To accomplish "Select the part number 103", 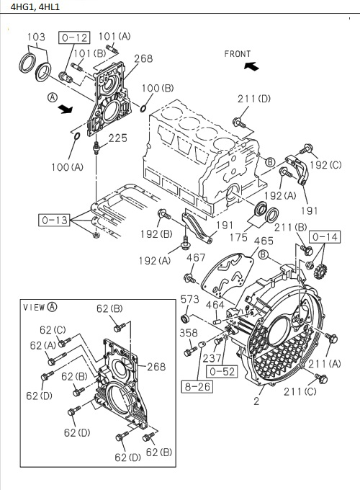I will tap(36, 37).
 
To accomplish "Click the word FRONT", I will tap(238, 53).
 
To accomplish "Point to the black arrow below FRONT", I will tap(251, 66).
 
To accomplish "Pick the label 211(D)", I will tap(254, 99).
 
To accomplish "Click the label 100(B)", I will tap(158, 88).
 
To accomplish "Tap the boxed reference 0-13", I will tap(55, 218).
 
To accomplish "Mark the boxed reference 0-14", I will tap(325, 236).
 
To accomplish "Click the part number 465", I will tap(264, 241).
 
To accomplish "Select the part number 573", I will tap(189, 299).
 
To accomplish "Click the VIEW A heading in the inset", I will tap(40, 307).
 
